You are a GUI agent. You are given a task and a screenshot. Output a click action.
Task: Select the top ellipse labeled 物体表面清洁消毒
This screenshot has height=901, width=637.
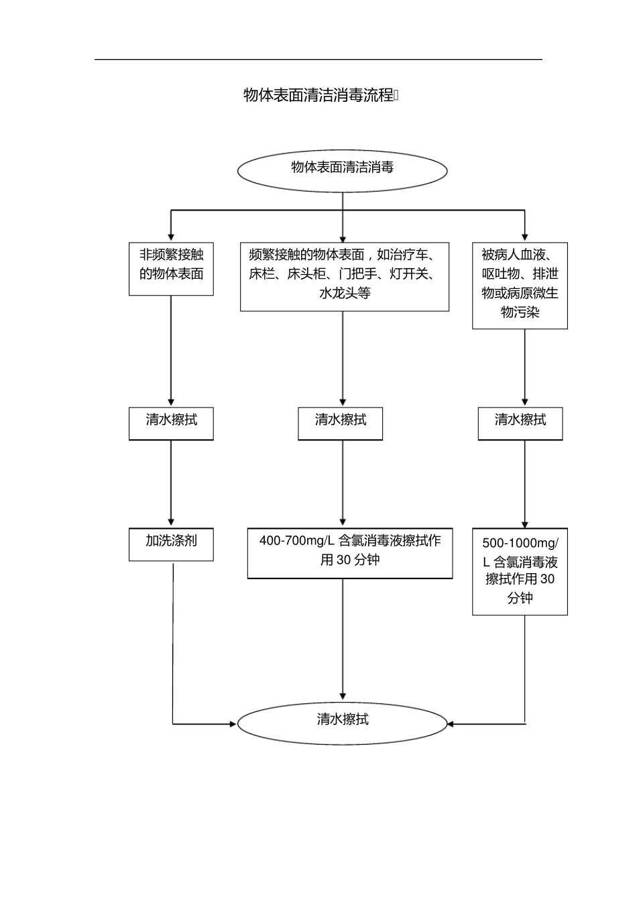(x=342, y=170)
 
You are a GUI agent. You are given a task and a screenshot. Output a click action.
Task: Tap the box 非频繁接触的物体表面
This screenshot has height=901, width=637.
(x=171, y=268)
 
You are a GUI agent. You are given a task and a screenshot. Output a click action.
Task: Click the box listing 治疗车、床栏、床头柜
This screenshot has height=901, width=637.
(x=345, y=277)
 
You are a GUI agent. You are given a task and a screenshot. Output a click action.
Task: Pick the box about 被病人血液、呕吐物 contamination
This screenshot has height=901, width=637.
(x=520, y=286)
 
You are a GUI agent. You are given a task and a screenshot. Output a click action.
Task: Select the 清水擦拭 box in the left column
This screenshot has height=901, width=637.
(x=171, y=423)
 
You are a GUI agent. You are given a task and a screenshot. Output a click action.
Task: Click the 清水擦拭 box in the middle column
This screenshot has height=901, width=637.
(x=340, y=423)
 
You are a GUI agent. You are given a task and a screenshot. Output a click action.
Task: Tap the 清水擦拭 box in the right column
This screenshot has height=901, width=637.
(x=520, y=423)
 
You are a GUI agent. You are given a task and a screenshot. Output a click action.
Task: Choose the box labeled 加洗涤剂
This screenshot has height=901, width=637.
(x=171, y=544)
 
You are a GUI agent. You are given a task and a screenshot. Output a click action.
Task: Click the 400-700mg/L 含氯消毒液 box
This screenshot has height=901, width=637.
(x=349, y=554)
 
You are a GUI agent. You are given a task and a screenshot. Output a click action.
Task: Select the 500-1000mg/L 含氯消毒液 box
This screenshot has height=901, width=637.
(x=520, y=572)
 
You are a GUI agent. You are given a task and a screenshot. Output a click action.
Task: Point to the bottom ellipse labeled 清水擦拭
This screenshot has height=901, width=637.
(x=342, y=723)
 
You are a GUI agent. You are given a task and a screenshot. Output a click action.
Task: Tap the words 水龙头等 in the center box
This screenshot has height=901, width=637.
(x=345, y=294)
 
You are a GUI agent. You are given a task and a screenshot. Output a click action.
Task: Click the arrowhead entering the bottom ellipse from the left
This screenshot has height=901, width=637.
(x=233, y=724)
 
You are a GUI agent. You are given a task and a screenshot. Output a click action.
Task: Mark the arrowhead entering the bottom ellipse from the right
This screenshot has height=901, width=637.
(x=451, y=724)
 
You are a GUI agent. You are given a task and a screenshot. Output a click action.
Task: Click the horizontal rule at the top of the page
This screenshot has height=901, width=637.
(x=318, y=60)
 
